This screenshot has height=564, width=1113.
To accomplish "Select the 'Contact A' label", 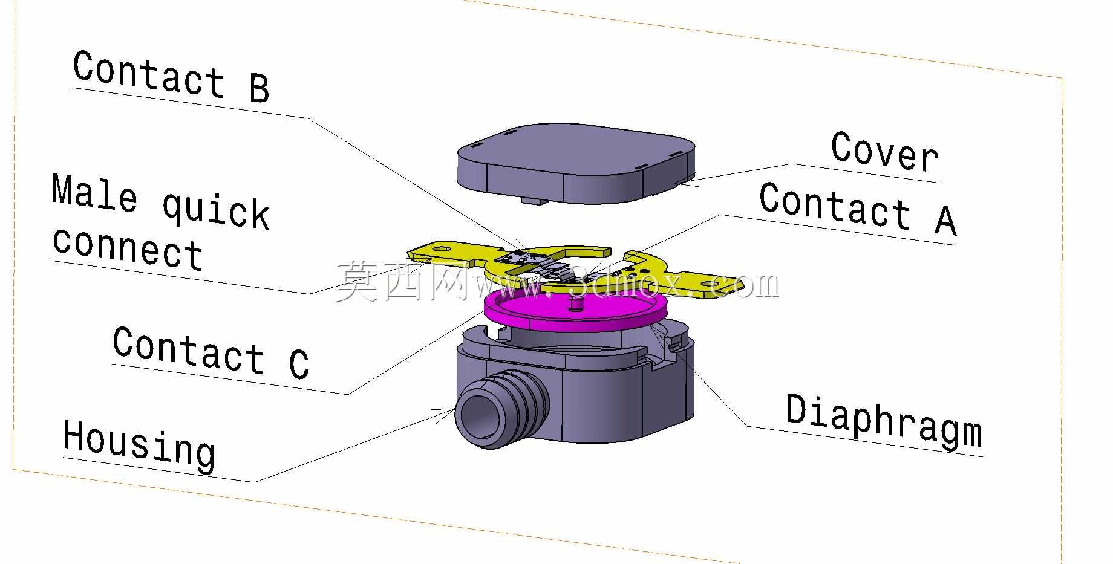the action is pos(858,209).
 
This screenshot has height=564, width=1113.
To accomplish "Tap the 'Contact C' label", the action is pos(211,352).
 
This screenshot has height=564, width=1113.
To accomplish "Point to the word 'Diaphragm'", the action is pos(884,421).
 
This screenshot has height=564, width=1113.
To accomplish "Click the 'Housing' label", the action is pos(139,445).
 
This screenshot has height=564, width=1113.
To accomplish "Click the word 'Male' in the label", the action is pos(94,193).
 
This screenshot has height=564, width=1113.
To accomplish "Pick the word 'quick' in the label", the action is pos(216,211).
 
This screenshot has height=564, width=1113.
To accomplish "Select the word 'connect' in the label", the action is pos(128,248).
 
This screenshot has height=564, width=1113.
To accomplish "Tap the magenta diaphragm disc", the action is pos(576,306).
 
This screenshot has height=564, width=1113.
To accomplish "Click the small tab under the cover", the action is pos(532,199).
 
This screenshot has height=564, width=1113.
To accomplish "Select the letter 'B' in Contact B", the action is pos(259,88).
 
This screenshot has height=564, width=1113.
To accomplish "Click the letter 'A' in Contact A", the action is pos(945,219).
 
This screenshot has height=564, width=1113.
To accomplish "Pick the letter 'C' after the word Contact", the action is pos(299,363).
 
